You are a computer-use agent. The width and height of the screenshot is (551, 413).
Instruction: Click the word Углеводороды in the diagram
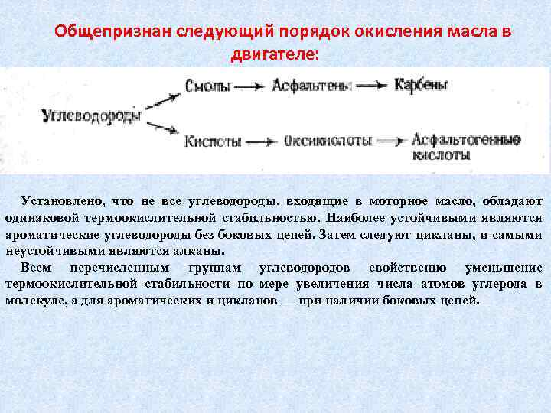[x=91, y=116]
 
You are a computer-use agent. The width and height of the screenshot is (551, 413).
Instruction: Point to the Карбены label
[x=421, y=85]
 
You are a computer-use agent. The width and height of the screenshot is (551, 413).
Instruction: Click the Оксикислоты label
[x=328, y=141]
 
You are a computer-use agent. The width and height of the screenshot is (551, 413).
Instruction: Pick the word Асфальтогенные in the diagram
[x=466, y=140]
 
